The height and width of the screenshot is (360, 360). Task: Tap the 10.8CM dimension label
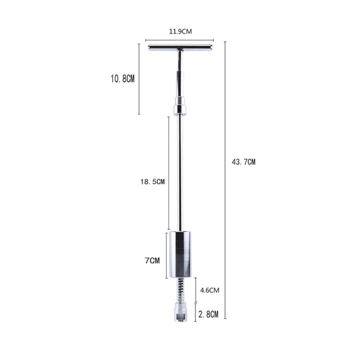pos(122,79)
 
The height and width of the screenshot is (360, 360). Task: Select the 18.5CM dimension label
pos(152,181)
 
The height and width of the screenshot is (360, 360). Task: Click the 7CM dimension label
pos(152,260)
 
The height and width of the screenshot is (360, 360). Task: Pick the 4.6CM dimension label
pos(210,290)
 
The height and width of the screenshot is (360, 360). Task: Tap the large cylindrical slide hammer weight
pos(180,255)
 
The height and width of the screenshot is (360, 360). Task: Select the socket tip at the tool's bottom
pos(180,313)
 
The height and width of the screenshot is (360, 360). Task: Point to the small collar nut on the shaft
pos(180,105)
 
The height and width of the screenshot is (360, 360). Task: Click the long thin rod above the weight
pos(180,173)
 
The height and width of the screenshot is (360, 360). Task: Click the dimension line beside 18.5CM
pos(169,173)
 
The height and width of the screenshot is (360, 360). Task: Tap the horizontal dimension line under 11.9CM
pos(179,40)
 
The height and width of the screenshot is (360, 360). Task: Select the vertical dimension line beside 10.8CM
pos(139,79)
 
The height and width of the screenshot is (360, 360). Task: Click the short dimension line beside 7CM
pos(166,255)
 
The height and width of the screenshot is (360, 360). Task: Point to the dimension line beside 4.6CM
pos(195,290)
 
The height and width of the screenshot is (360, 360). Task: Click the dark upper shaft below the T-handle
pos(180,75)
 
